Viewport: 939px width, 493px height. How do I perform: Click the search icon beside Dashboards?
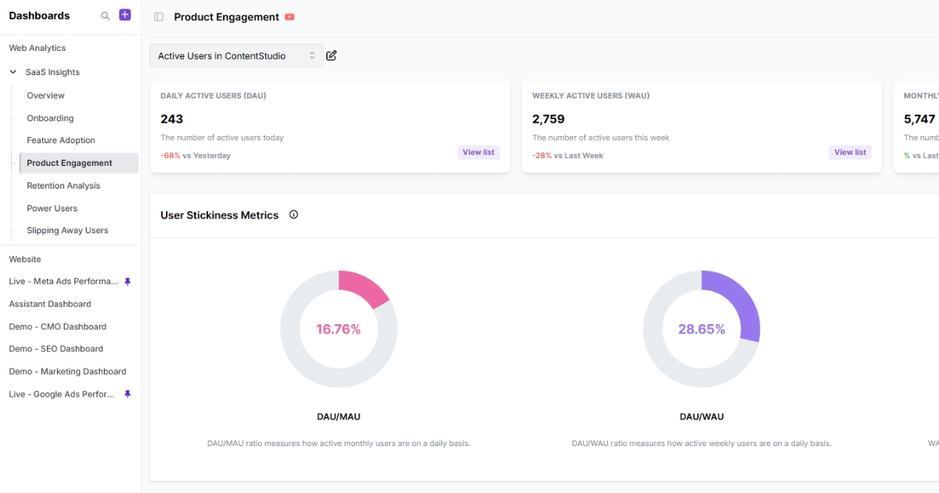pyautogui.click(x=106, y=16)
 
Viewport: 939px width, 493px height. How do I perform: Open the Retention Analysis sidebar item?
pyautogui.click(x=63, y=185)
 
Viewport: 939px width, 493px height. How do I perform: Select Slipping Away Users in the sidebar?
pyautogui.click(x=67, y=230)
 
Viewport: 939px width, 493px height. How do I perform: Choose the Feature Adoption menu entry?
pyautogui.click(x=61, y=140)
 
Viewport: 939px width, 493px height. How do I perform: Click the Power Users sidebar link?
pyautogui.click(x=52, y=208)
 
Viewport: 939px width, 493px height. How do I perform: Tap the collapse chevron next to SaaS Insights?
pyautogui.click(x=13, y=72)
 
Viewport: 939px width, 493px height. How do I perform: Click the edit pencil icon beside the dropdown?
pyautogui.click(x=332, y=56)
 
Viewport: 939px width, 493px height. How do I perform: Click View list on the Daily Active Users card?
pyautogui.click(x=478, y=153)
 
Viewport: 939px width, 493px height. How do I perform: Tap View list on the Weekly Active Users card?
pyautogui.click(x=850, y=153)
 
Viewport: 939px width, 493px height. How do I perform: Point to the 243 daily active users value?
pyautogui.click(x=171, y=119)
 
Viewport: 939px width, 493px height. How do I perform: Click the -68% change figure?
pyautogui.click(x=170, y=156)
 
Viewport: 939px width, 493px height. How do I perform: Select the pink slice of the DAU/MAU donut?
pyautogui.click(x=362, y=287)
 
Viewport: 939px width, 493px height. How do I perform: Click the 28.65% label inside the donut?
pyautogui.click(x=701, y=329)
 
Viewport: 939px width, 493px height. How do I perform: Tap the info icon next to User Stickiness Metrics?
pyautogui.click(x=293, y=214)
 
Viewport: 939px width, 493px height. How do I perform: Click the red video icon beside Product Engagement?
pyautogui.click(x=290, y=17)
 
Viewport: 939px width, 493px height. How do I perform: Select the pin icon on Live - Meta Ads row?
pyautogui.click(x=128, y=282)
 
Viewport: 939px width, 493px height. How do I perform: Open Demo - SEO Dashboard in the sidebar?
pyautogui.click(x=56, y=349)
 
